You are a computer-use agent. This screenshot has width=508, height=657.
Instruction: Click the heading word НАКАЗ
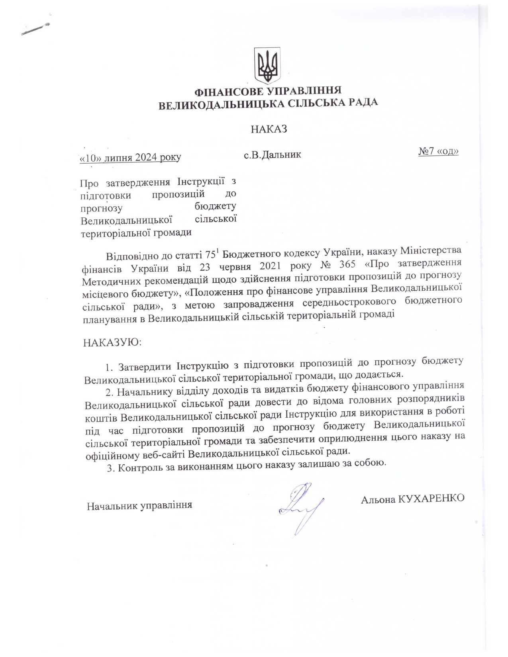click(269, 129)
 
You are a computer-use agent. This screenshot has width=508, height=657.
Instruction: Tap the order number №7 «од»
click(438, 152)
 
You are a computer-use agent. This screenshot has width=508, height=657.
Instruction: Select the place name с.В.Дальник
click(272, 154)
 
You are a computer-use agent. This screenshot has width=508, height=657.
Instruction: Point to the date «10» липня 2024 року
click(130, 158)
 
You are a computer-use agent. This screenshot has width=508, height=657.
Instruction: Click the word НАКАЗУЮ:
click(112, 342)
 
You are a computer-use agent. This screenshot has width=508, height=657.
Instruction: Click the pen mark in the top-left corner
click(36, 29)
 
